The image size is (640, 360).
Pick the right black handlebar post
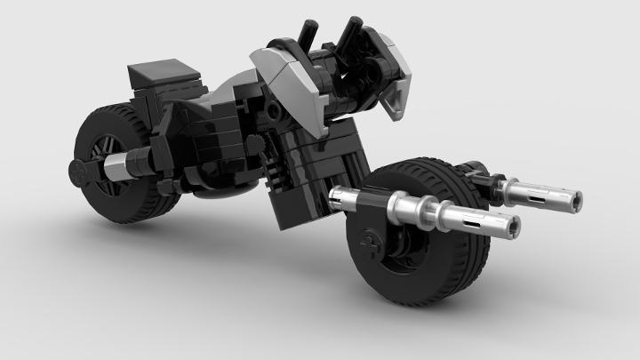pos(347,33)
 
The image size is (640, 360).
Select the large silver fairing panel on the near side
pos(284,76)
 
